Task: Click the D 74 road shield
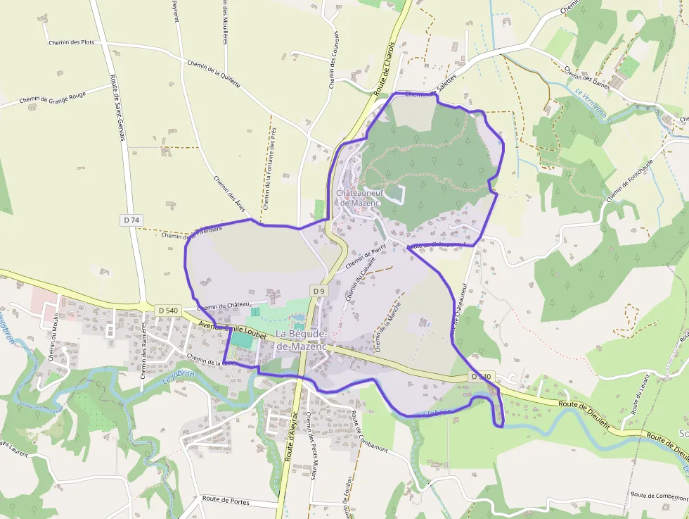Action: click(x=131, y=220)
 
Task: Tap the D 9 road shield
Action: click(x=318, y=290)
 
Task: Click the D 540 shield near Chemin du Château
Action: click(x=168, y=310)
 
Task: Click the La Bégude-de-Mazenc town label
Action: click(x=301, y=339)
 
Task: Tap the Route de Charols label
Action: click(x=385, y=73)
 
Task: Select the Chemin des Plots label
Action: click(x=71, y=42)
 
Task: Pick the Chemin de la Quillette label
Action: click(x=214, y=74)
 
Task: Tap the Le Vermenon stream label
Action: click(x=590, y=104)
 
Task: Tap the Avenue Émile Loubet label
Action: click(x=233, y=330)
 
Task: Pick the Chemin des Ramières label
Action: click(x=143, y=350)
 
